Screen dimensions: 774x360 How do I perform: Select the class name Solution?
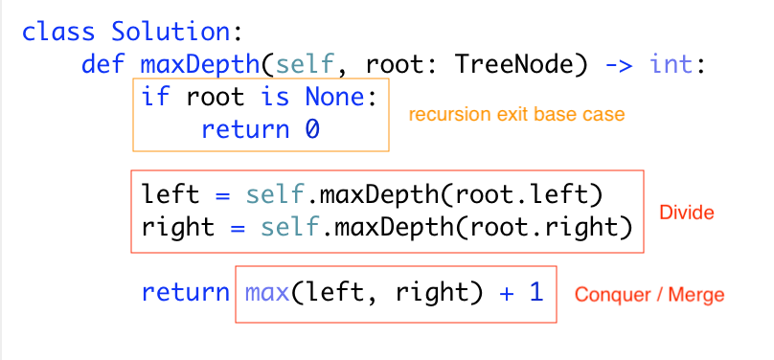point(171,32)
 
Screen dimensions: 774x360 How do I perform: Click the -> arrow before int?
point(620,65)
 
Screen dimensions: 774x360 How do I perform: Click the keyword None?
point(341,98)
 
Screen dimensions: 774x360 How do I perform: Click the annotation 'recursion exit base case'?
point(516,115)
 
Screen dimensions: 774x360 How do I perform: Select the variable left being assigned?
point(171,195)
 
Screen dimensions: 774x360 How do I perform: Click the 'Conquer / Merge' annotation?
point(649,295)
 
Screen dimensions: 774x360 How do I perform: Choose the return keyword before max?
point(185,292)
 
